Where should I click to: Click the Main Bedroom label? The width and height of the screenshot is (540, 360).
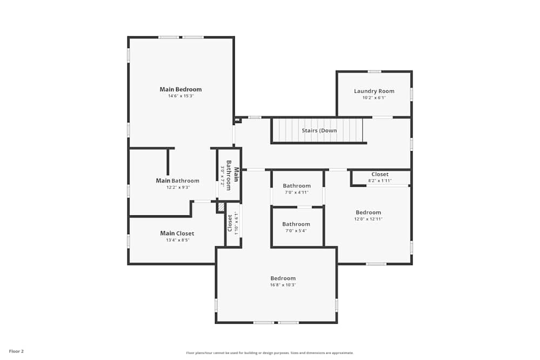click(180, 90)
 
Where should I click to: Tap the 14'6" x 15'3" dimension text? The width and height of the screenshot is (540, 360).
click(180, 96)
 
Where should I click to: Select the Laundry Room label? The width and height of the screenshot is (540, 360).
click(374, 91)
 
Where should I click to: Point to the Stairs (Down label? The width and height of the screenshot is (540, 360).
click(319, 131)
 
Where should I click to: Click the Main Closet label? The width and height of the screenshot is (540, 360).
click(177, 234)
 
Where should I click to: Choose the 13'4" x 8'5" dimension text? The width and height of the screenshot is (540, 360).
click(177, 240)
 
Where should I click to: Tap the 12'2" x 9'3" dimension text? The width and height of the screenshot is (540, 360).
click(177, 188)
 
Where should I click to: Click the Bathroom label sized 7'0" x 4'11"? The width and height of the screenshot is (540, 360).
click(296, 186)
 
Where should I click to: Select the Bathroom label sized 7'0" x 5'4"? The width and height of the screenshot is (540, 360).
click(296, 224)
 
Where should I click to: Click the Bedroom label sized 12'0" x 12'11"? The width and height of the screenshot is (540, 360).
click(368, 213)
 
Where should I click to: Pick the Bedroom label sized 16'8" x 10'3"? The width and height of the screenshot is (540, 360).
click(283, 279)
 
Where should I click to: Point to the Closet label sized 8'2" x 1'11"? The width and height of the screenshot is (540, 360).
click(380, 174)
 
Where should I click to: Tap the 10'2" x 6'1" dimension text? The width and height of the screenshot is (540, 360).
click(374, 98)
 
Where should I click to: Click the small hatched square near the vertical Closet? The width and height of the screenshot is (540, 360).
click(221, 207)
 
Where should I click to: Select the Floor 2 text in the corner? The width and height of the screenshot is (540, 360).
click(16, 351)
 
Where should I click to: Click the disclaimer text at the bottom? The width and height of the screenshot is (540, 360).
click(270, 353)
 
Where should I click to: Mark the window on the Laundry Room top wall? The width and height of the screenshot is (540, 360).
click(374, 71)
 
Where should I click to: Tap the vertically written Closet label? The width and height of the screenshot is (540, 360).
click(230, 222)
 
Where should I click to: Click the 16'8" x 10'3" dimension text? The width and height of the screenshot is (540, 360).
click(283, 285)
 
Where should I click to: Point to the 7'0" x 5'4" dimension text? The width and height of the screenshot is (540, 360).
click(296, 230)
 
